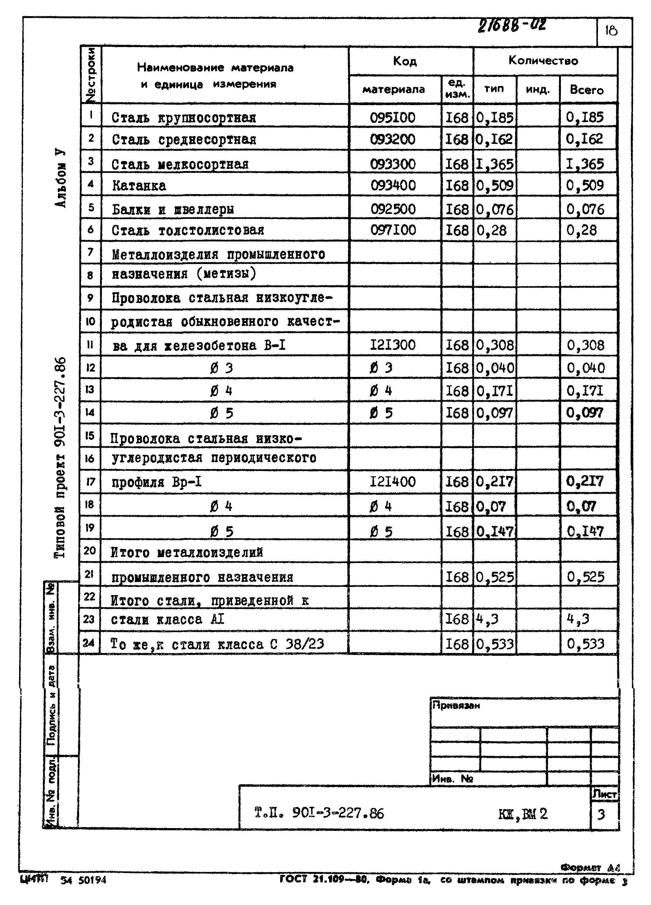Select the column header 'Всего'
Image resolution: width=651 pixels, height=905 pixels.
point(587,90)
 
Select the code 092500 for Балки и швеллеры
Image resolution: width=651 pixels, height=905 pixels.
point(393,209)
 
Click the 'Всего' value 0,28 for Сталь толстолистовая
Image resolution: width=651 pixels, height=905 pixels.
point(582,230)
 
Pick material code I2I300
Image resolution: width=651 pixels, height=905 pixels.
point(393,345)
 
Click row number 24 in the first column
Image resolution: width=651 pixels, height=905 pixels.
point(89,643)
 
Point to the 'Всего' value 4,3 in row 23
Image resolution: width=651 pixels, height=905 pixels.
point(578,619)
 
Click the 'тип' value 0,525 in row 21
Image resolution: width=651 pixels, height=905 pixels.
point(495,577)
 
